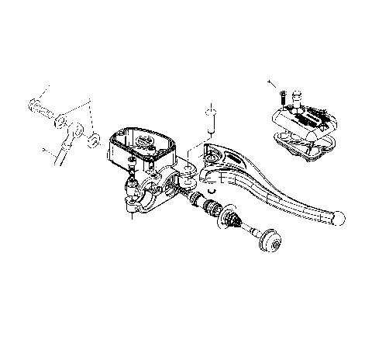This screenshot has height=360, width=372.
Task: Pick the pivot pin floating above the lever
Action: coord(209,119)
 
